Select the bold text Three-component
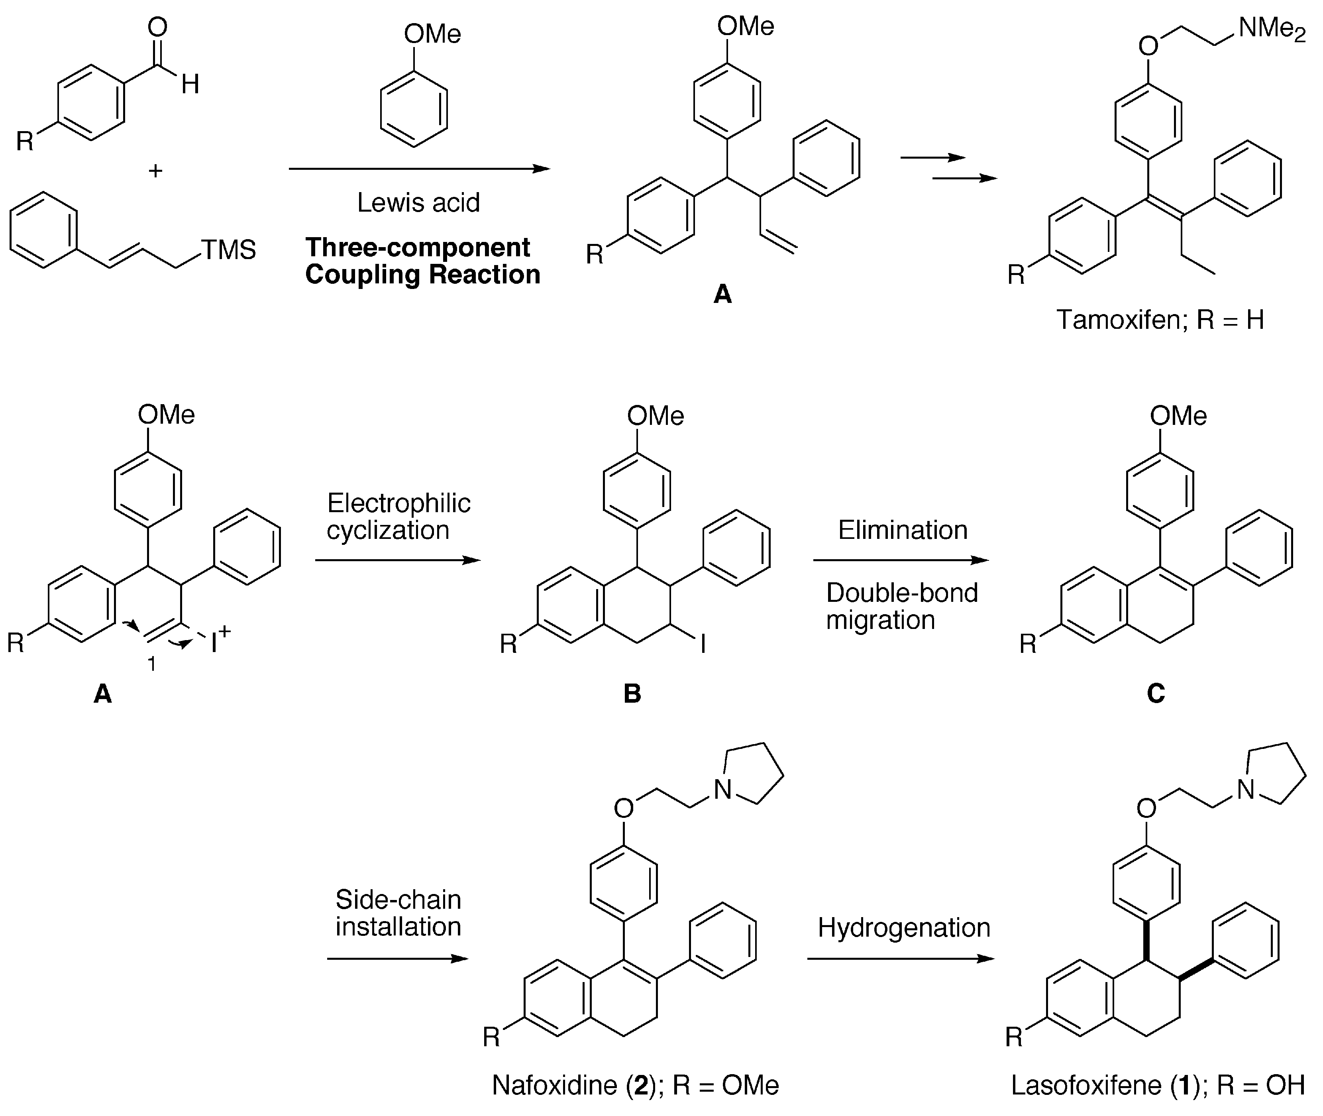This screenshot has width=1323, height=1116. coord(417,248)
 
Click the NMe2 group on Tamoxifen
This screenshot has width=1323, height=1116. coord(1271,28)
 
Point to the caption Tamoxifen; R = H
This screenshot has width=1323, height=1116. coord(1160,320)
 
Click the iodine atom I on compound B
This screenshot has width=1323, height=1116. coord(703,644)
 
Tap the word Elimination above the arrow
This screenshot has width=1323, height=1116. coord(903,530)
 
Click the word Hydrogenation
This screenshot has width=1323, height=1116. coord(904,927)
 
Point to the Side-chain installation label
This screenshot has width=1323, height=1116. coord(398,913)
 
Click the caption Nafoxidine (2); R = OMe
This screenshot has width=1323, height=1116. coord(635,1085)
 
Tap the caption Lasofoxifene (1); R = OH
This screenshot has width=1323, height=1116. coord(1157,1085)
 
